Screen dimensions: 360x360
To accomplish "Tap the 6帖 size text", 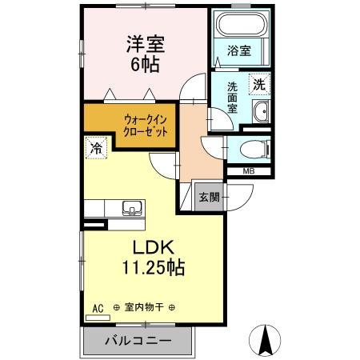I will pos(144,65).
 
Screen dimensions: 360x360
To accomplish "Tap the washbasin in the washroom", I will pos(261,112).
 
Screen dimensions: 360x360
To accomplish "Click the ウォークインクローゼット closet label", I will pos(146,126).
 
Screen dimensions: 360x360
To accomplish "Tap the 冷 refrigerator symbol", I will pos(96,147).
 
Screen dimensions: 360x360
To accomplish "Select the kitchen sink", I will pos(130,208).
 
